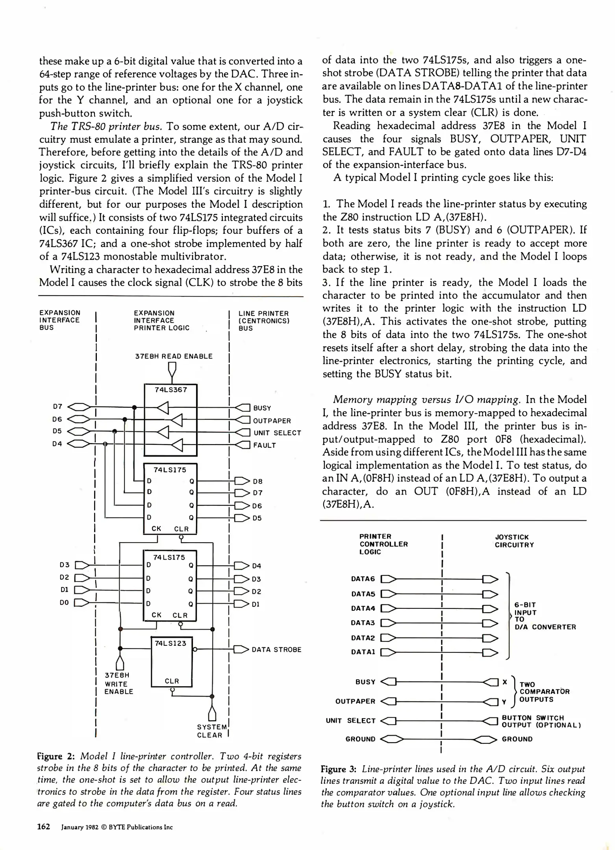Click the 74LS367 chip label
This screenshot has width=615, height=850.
[170, 390]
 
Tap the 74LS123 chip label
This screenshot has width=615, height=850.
[170, 643]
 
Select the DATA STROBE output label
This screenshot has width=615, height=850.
[276, 649]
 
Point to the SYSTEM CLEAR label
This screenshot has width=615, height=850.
[212, 731]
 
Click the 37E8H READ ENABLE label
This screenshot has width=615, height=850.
[174, 356]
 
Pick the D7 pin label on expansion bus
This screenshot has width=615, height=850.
[57, 407]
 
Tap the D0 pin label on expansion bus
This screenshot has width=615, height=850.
[64, 602]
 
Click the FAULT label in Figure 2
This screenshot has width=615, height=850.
[265, 445]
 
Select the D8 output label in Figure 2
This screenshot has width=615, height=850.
[257, 481]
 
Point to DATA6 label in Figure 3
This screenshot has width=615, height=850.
[363, 579]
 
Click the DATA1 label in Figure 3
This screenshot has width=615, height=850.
[363, 652]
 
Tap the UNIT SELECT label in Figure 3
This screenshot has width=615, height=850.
[350, 721]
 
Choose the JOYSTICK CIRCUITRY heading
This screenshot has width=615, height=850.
[514, 541]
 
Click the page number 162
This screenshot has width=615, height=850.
[43, 826]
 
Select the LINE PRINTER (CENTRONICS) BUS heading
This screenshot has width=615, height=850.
[263, 320]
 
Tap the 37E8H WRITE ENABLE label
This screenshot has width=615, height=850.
[119, 684]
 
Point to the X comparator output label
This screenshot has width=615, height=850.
[504, 682]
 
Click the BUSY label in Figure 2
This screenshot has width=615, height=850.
[262, 408]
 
